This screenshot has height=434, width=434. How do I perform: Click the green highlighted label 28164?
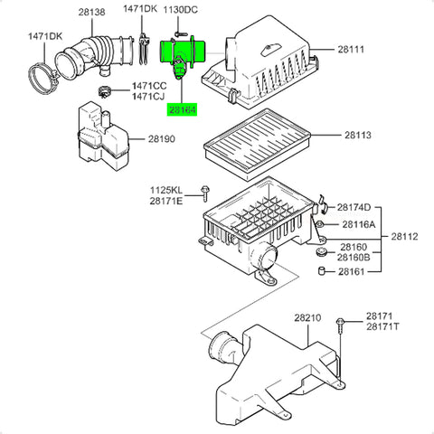182,110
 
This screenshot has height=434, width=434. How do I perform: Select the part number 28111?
351,49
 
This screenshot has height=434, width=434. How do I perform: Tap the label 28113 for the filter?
358,135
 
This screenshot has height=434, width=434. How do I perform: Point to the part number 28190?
162,139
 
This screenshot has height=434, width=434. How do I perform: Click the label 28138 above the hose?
92,12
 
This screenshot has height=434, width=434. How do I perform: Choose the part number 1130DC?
181,10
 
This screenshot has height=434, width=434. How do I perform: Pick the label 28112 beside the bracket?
405,237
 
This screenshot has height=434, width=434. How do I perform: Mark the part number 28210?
307,317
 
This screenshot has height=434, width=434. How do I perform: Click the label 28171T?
382,326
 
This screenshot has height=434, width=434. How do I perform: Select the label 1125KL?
166,190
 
